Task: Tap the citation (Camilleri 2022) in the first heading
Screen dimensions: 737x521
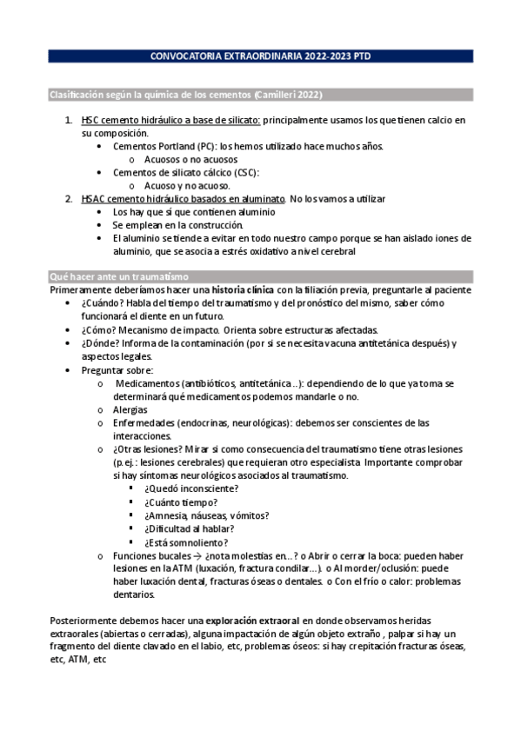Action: tap(298, 93)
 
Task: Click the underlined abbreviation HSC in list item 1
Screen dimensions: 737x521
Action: tap(90, 120)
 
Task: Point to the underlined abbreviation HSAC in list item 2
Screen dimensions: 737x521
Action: tap(93, 199)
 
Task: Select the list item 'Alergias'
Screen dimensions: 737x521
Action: tap(130, 409)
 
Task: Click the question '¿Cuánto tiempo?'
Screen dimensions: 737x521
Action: tap(181, 501)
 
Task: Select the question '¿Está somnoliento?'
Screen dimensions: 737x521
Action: tap(184, 541)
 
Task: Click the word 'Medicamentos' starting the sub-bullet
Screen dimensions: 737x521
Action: tap(146, 383)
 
